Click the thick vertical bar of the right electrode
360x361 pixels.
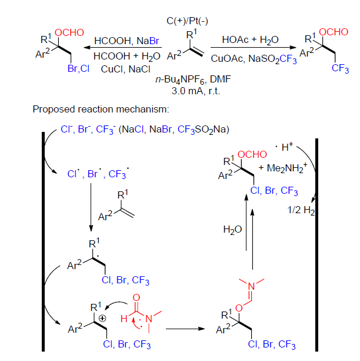coord(317,247)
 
